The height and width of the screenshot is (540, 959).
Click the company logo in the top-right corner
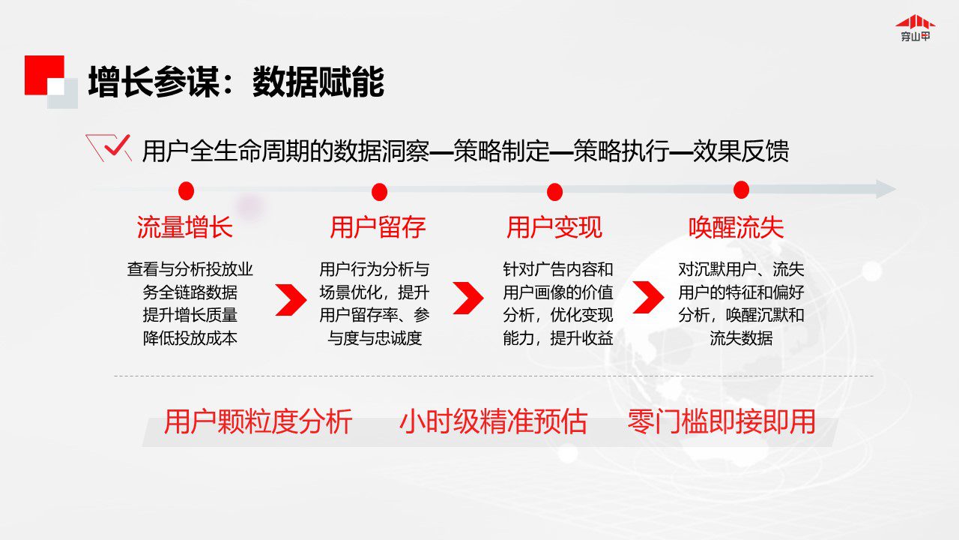coord(916,28)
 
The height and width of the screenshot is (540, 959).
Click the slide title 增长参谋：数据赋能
coord(236,82)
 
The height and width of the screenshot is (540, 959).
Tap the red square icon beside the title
coord(44,75)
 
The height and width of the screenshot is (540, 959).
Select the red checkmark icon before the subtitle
coord(109,148)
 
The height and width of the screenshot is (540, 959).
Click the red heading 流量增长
coord(185,227)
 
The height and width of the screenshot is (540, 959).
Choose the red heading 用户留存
coord(378,227)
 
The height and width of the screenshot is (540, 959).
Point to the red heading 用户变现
coord(554,227)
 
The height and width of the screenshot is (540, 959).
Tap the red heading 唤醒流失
coord(736,227)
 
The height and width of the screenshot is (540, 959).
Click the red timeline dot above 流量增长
coord(187,190)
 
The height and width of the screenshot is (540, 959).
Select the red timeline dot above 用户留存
coord(379,192)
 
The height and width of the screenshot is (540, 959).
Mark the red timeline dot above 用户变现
coord(555,192)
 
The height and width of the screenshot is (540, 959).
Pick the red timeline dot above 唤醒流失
coord(741,190)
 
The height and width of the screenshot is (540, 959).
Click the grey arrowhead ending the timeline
coord(886,189)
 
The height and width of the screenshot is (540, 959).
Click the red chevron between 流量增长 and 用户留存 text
coord(291,299)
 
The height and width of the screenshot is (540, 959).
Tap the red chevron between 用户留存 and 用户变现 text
coord(468,298)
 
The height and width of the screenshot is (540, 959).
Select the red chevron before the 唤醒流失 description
coord(648,298)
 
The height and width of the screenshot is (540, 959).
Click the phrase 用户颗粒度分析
coord(258,421)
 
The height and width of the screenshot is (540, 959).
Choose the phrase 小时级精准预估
coord(493,421)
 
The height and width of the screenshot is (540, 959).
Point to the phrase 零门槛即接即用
coord(721,421)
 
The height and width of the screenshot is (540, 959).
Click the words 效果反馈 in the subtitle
coord(741,151)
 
